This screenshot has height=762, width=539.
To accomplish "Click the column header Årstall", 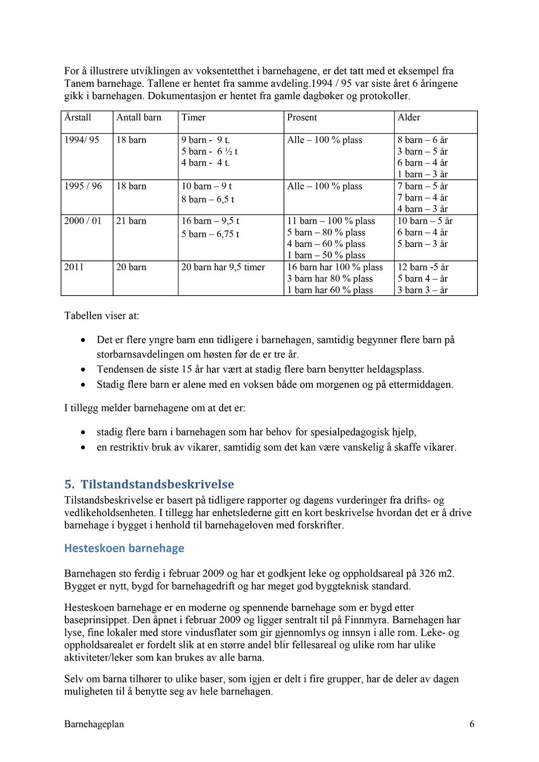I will pyautogui.click(x=78, y=117).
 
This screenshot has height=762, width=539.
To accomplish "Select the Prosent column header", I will pyautogui.click(x=302, y=117).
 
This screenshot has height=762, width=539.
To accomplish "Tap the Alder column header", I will pyautogui.click(x=409, y=117).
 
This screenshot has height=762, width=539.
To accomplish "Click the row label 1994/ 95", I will pyautogui.click(x=82, y=140).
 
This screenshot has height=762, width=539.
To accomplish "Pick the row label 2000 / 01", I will pyautogui.click(x=83, y=221).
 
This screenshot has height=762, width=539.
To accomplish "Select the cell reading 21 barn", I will pyautogui.click(x=131, y=221).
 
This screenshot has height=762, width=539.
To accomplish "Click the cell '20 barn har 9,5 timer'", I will pyautogui.click(x=223, y=267).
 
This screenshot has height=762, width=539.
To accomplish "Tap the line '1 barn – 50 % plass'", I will pyautogui.click(x=326, y=255).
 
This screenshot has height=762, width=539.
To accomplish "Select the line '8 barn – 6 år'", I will pyautogui.click(x=422, y=140).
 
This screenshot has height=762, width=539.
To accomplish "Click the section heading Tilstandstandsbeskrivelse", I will pyautogui.click(x=157, y=484).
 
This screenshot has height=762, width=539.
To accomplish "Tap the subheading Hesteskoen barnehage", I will pyautogui.click(x=124, y=548).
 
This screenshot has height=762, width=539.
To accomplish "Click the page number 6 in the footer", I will pyautogui.click(x=472, y=724).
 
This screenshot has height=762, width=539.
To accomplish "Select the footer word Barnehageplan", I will pyautogui.click(x=94, y=724).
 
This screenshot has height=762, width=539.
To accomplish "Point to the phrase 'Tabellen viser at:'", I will pyautogui.click(x=102, y=316).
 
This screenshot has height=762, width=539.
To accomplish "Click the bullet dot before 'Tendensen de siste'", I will pyautogui.click(x=83, y=370).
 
